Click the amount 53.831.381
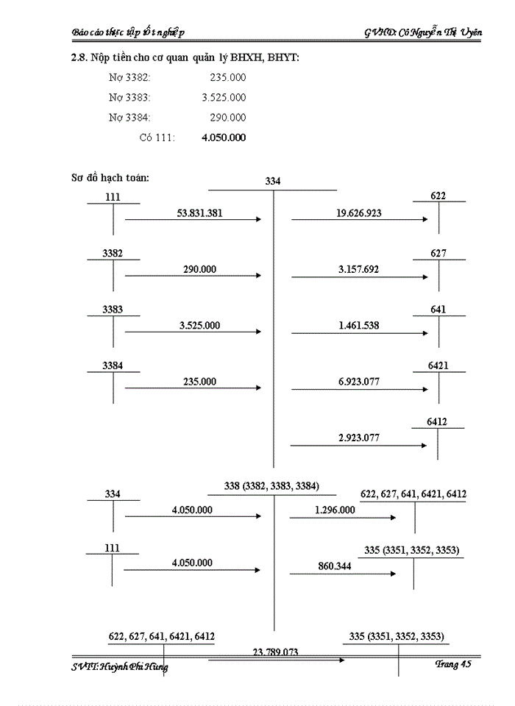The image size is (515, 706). pyautogui.click(x=200, y=213)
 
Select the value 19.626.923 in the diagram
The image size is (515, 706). pyautogui.click(x=358, y=213)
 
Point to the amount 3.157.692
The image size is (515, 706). pyautogui.click(x=358, y=270)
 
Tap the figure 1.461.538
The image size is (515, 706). pyautogui.click(x=358, y=325)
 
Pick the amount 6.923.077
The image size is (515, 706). pyautogui.click(x=358, y=381)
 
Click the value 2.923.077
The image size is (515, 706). pyautogui.click(x=358, y=438)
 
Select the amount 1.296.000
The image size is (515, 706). pyautogui.click(x=334, y=510)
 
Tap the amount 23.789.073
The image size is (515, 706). pyautogui.click(x=275, y=652)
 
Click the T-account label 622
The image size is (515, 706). pyautogui.click(x=438, y=196)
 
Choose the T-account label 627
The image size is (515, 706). pyautogui.click(x=438, y=254)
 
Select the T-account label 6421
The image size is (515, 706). pyautogui.click(x=438, y=366)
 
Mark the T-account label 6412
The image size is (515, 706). pyautogui.click(x=437, y=422)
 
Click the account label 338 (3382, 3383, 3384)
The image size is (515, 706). pyautogui.click(x=272, y=486)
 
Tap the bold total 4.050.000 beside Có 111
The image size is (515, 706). pyautogui.click(x=224, y=138)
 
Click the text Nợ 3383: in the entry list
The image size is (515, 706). pyautogui.click(x=129, y=98)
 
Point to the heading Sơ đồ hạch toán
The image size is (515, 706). pyautogui.click(x=110, y=177)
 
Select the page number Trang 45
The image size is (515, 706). pyautogui.click(x=452, y=664)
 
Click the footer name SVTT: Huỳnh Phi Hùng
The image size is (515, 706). pyautogui.click(x=120, y=667)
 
